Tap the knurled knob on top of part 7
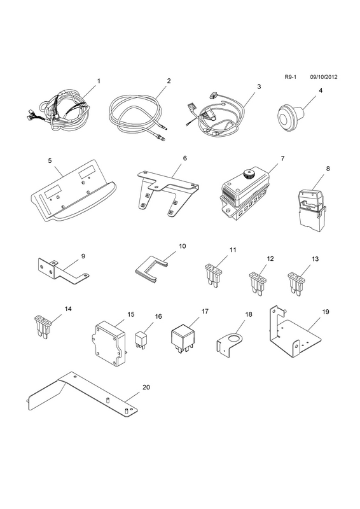tap(249, 173)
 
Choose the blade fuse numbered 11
tap(214, 275)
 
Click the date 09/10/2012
tap(324, 77)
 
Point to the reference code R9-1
tap(291, 77)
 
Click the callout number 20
tap(146, 387)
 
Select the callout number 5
tap(50, 161)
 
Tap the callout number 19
tap(326, 312)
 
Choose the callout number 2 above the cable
tap(169, 81)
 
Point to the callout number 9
tap(83, 256)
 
